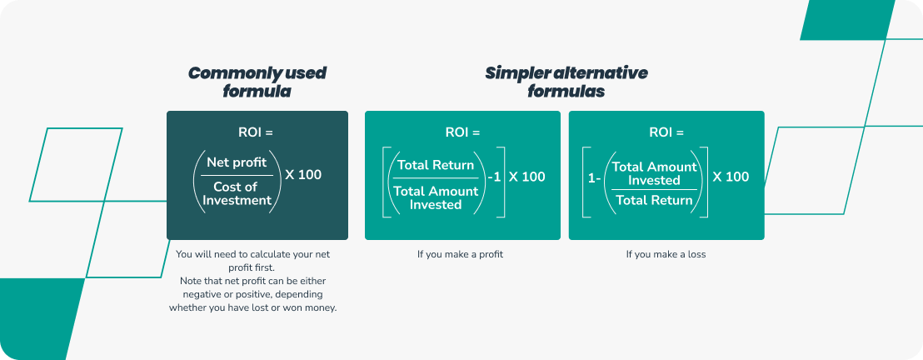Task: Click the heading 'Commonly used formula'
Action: coord(257,82)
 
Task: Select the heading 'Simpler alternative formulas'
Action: coord(566,82)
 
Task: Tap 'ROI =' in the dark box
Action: coord(256,132)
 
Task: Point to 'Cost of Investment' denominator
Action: coord(236,193)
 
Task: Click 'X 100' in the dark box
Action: coord(303,175)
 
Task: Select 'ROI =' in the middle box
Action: coord(462,132)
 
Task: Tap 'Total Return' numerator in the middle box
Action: coord(436,165)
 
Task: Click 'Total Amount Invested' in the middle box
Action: coord(436,197)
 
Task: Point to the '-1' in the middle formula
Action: coord(494,177)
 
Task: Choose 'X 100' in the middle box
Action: coord(526,177)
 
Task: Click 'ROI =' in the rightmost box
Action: coord(666,132)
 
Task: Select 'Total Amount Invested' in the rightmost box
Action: coord(654,173)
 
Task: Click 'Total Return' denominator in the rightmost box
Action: coord(654,200)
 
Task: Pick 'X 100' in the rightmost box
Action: coord(731,177)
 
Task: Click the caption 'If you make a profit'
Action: coord(460,254)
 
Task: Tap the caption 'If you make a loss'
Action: coord(666,254)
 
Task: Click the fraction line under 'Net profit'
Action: coord(236,176)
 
